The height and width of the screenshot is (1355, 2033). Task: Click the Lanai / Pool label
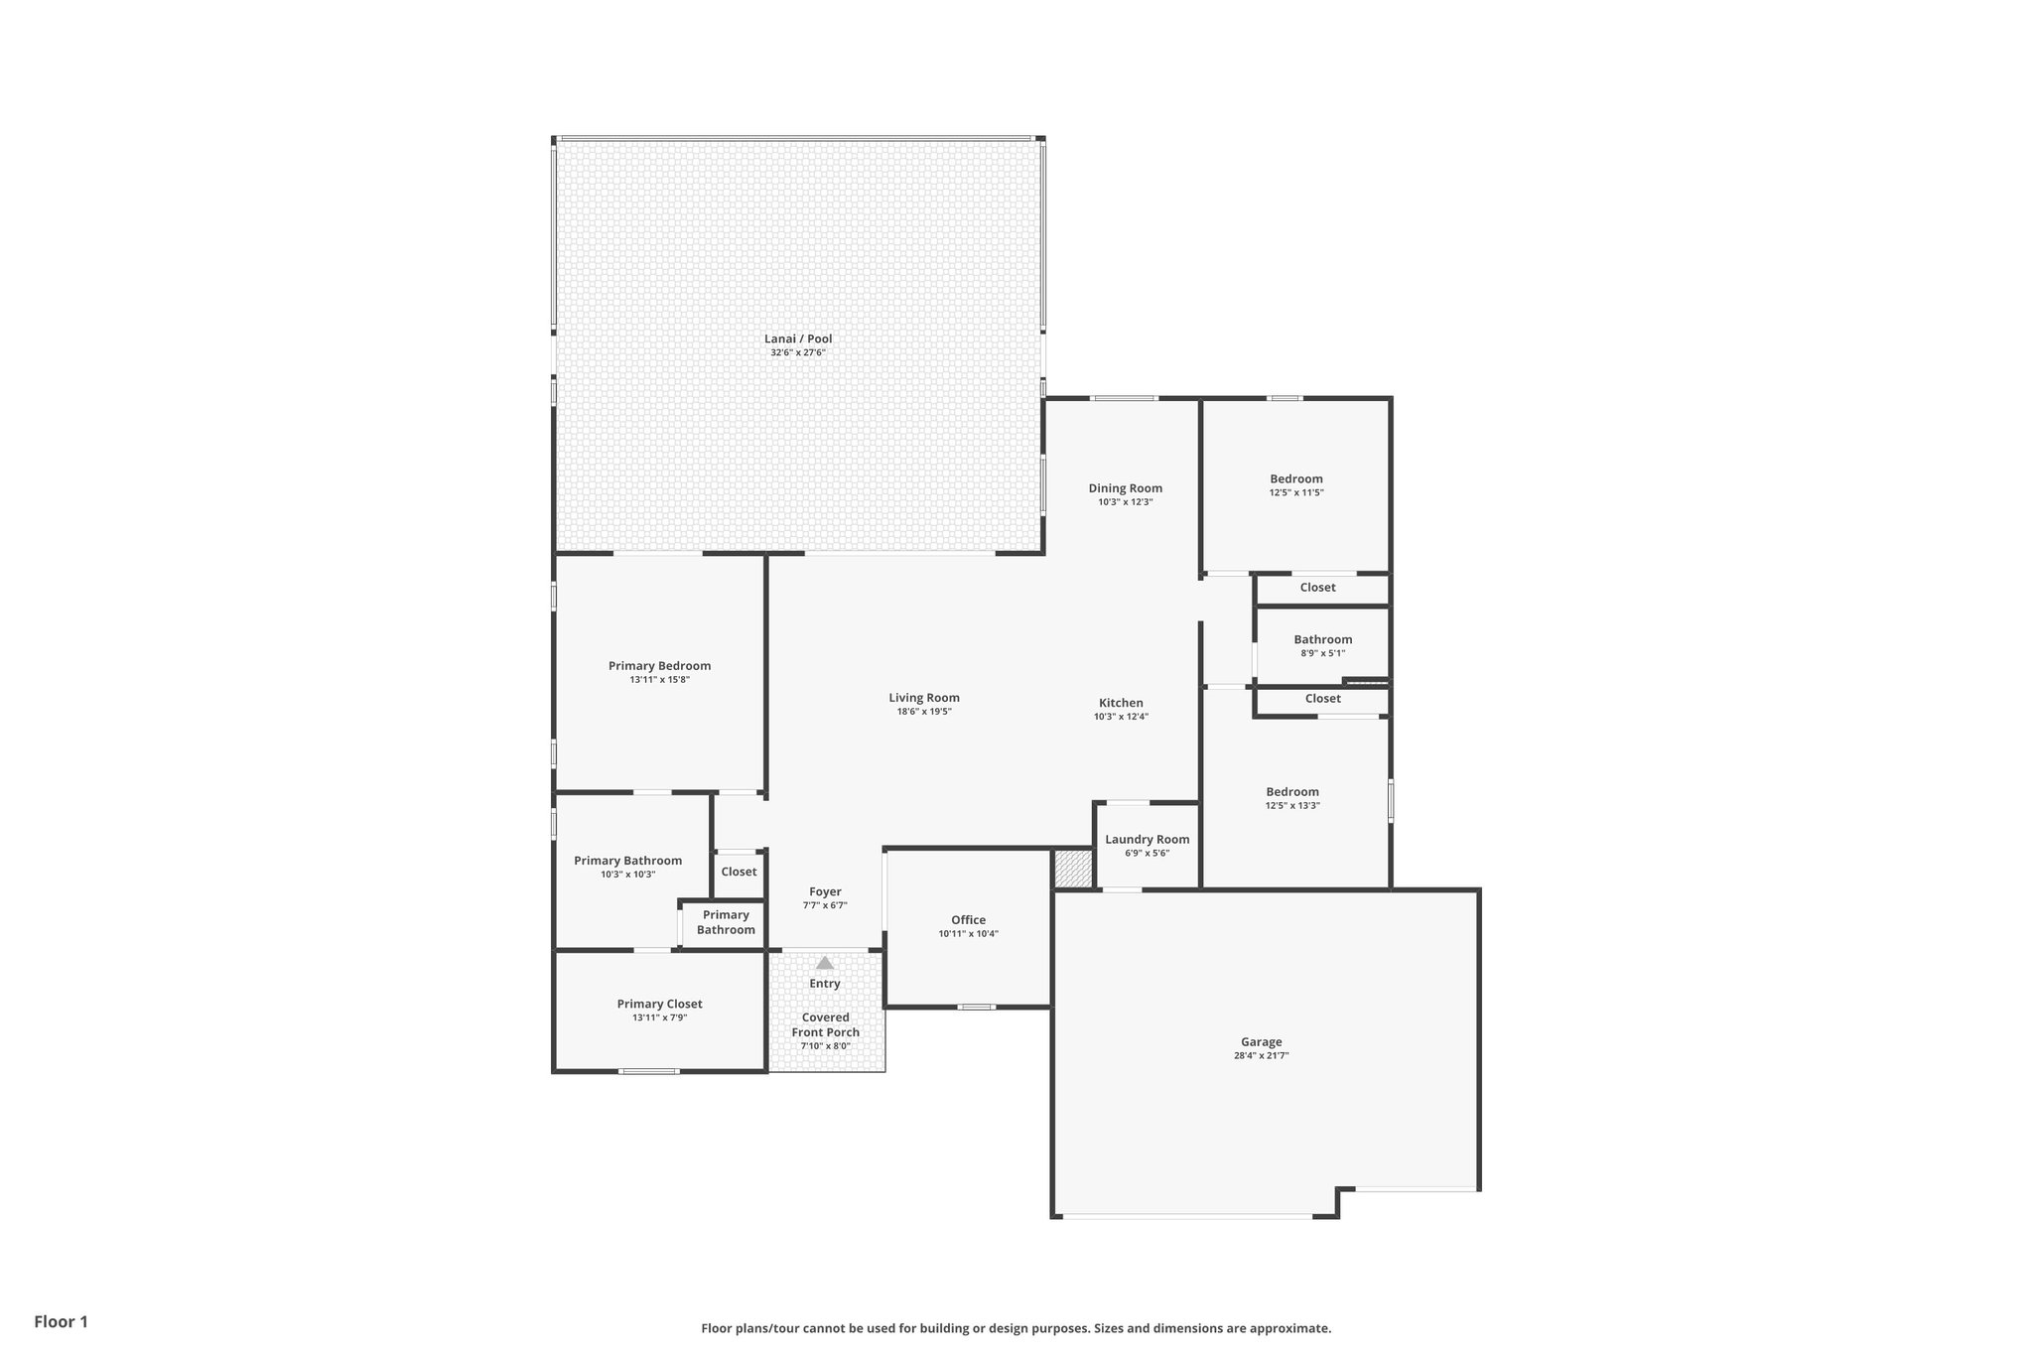tap(798, 339)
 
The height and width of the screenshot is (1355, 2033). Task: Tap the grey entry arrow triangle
tap(825, 962)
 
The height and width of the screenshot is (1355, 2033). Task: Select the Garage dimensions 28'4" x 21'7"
tap(1261, 1056)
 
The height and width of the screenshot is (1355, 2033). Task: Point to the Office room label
tap(968, 920)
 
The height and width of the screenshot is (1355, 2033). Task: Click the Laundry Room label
tap(1147, 840)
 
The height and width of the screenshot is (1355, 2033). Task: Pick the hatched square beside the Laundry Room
tap(1072, 869)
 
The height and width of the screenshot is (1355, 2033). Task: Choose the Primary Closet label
tap(659, 1005)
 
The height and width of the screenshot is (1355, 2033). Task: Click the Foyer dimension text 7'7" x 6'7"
tap(824, 905)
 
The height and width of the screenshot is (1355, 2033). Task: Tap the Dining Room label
tap(1125, 488)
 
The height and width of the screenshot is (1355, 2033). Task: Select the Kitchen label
tap(1121, 703)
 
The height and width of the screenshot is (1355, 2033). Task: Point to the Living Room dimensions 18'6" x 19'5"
tap(923, 712)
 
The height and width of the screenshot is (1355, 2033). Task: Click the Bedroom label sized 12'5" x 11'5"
tap(1295, 479)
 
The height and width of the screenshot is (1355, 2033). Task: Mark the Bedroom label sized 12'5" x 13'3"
tap(1292, 792)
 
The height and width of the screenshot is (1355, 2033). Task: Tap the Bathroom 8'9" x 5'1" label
tap(1322, 640)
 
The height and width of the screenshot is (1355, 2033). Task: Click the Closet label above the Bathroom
tap(1317, 588)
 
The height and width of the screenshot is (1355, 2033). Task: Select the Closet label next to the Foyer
tap(739, 872)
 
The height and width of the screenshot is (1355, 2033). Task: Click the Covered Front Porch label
tap(825, 1024)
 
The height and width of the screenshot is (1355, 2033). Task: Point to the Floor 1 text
tap(61, 1321)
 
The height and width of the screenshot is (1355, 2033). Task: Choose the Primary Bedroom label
tap(659, 666)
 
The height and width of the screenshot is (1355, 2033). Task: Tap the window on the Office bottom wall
tap(976, 1007)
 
